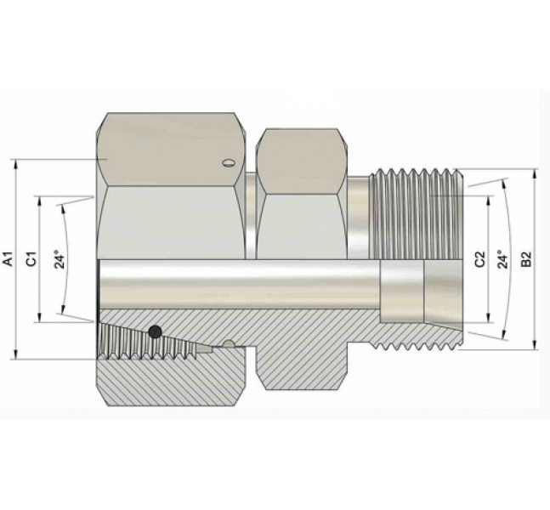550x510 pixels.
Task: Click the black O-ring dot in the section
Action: (x=155, y=332)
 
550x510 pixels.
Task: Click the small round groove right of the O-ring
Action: (x=228, y=344)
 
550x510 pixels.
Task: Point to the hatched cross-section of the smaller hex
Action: (x=302, y=365)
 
